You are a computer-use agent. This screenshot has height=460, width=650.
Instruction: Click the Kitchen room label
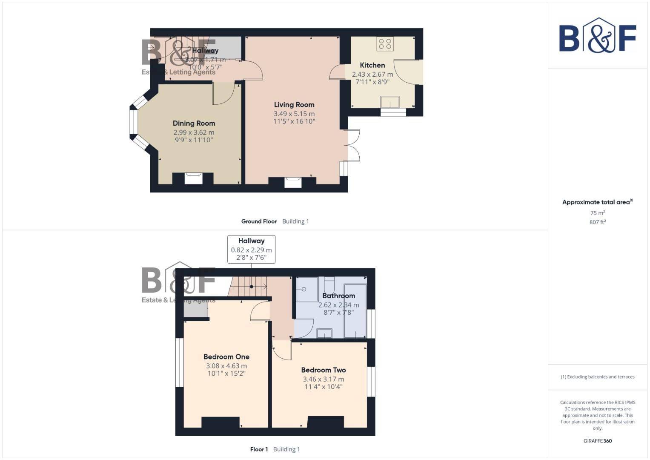click(x=372, y=65)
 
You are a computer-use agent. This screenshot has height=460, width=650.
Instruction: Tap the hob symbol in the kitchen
click(x=385, y=43)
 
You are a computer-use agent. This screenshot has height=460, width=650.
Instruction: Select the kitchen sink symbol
click(x=390, y=102)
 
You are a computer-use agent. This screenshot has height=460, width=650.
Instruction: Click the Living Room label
click(x=294, y=105)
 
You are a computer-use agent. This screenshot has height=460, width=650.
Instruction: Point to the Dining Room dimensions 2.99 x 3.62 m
click(x=194, y=132)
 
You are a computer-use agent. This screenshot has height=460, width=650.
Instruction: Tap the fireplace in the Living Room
click(x=293, y=182)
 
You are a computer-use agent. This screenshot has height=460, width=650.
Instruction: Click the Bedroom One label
click(x=226, y=357)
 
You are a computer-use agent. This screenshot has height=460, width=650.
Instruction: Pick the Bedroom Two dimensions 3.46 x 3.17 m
click(x=324, y=379)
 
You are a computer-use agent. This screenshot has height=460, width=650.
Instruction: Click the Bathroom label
click(x=338, y=296)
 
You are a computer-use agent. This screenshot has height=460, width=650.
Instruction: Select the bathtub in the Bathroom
click(x=355, y=310)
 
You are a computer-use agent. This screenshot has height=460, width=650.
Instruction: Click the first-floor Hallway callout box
click(x=251, y=249)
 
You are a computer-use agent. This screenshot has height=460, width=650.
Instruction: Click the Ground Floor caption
click(x=259, y=221)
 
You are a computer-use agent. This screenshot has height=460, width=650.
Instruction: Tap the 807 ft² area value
click(x=598, y=222)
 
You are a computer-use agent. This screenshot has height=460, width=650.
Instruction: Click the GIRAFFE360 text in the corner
click(x=598, y=441)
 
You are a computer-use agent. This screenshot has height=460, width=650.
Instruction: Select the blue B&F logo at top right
click(x=598, y=35)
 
